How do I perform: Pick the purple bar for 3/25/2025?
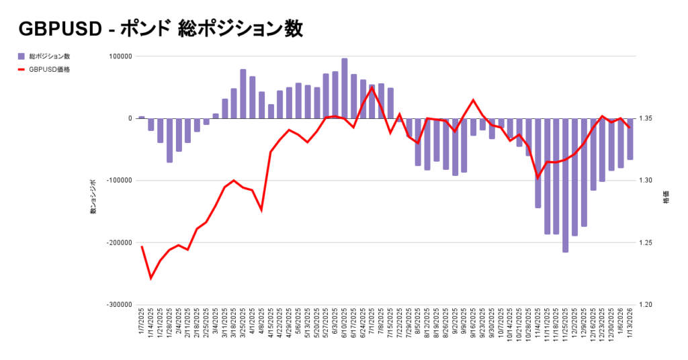[243, 94]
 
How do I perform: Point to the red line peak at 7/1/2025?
[372, 88]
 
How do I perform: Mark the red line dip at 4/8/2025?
[261, 210]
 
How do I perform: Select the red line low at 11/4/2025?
[537, 178]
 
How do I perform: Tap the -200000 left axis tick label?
[119, 242]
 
